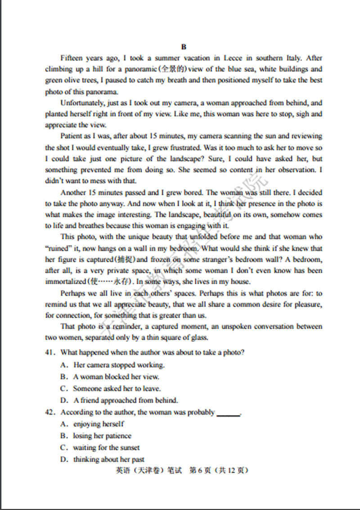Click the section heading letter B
(184, 47)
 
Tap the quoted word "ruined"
(58, 249)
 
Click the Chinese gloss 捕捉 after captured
(123, 260)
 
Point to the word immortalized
(65, 282)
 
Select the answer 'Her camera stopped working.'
(119, 365)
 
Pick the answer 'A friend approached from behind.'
(126, 400)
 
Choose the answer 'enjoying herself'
(99, 424)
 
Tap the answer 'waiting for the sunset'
(106, 447)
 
